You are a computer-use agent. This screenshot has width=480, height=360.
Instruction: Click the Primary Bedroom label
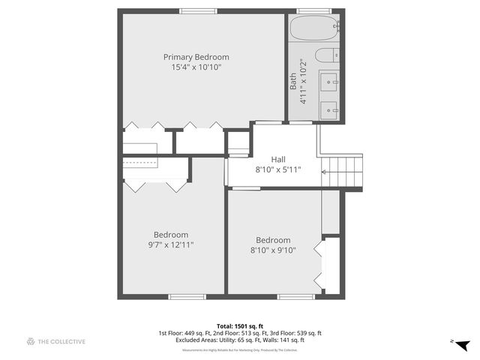tap(196, 57)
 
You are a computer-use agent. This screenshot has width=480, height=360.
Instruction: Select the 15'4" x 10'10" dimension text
tap(196, 67)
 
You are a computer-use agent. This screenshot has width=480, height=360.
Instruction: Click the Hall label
tap(277, 159)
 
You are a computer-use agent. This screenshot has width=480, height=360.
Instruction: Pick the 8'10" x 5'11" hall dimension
tap(277, 169)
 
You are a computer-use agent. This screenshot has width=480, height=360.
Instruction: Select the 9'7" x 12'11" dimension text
tap(171, 244)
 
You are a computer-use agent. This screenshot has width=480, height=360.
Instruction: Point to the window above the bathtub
tap(314, 11)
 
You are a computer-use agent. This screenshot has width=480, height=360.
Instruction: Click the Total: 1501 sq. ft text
tap(239, 325)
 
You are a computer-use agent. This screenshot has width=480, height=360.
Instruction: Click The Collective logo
tap(56, 341)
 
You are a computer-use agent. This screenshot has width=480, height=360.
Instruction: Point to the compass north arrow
tap(461, 343)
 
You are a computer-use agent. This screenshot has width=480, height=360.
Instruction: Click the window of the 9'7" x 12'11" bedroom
tap(186, 297)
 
